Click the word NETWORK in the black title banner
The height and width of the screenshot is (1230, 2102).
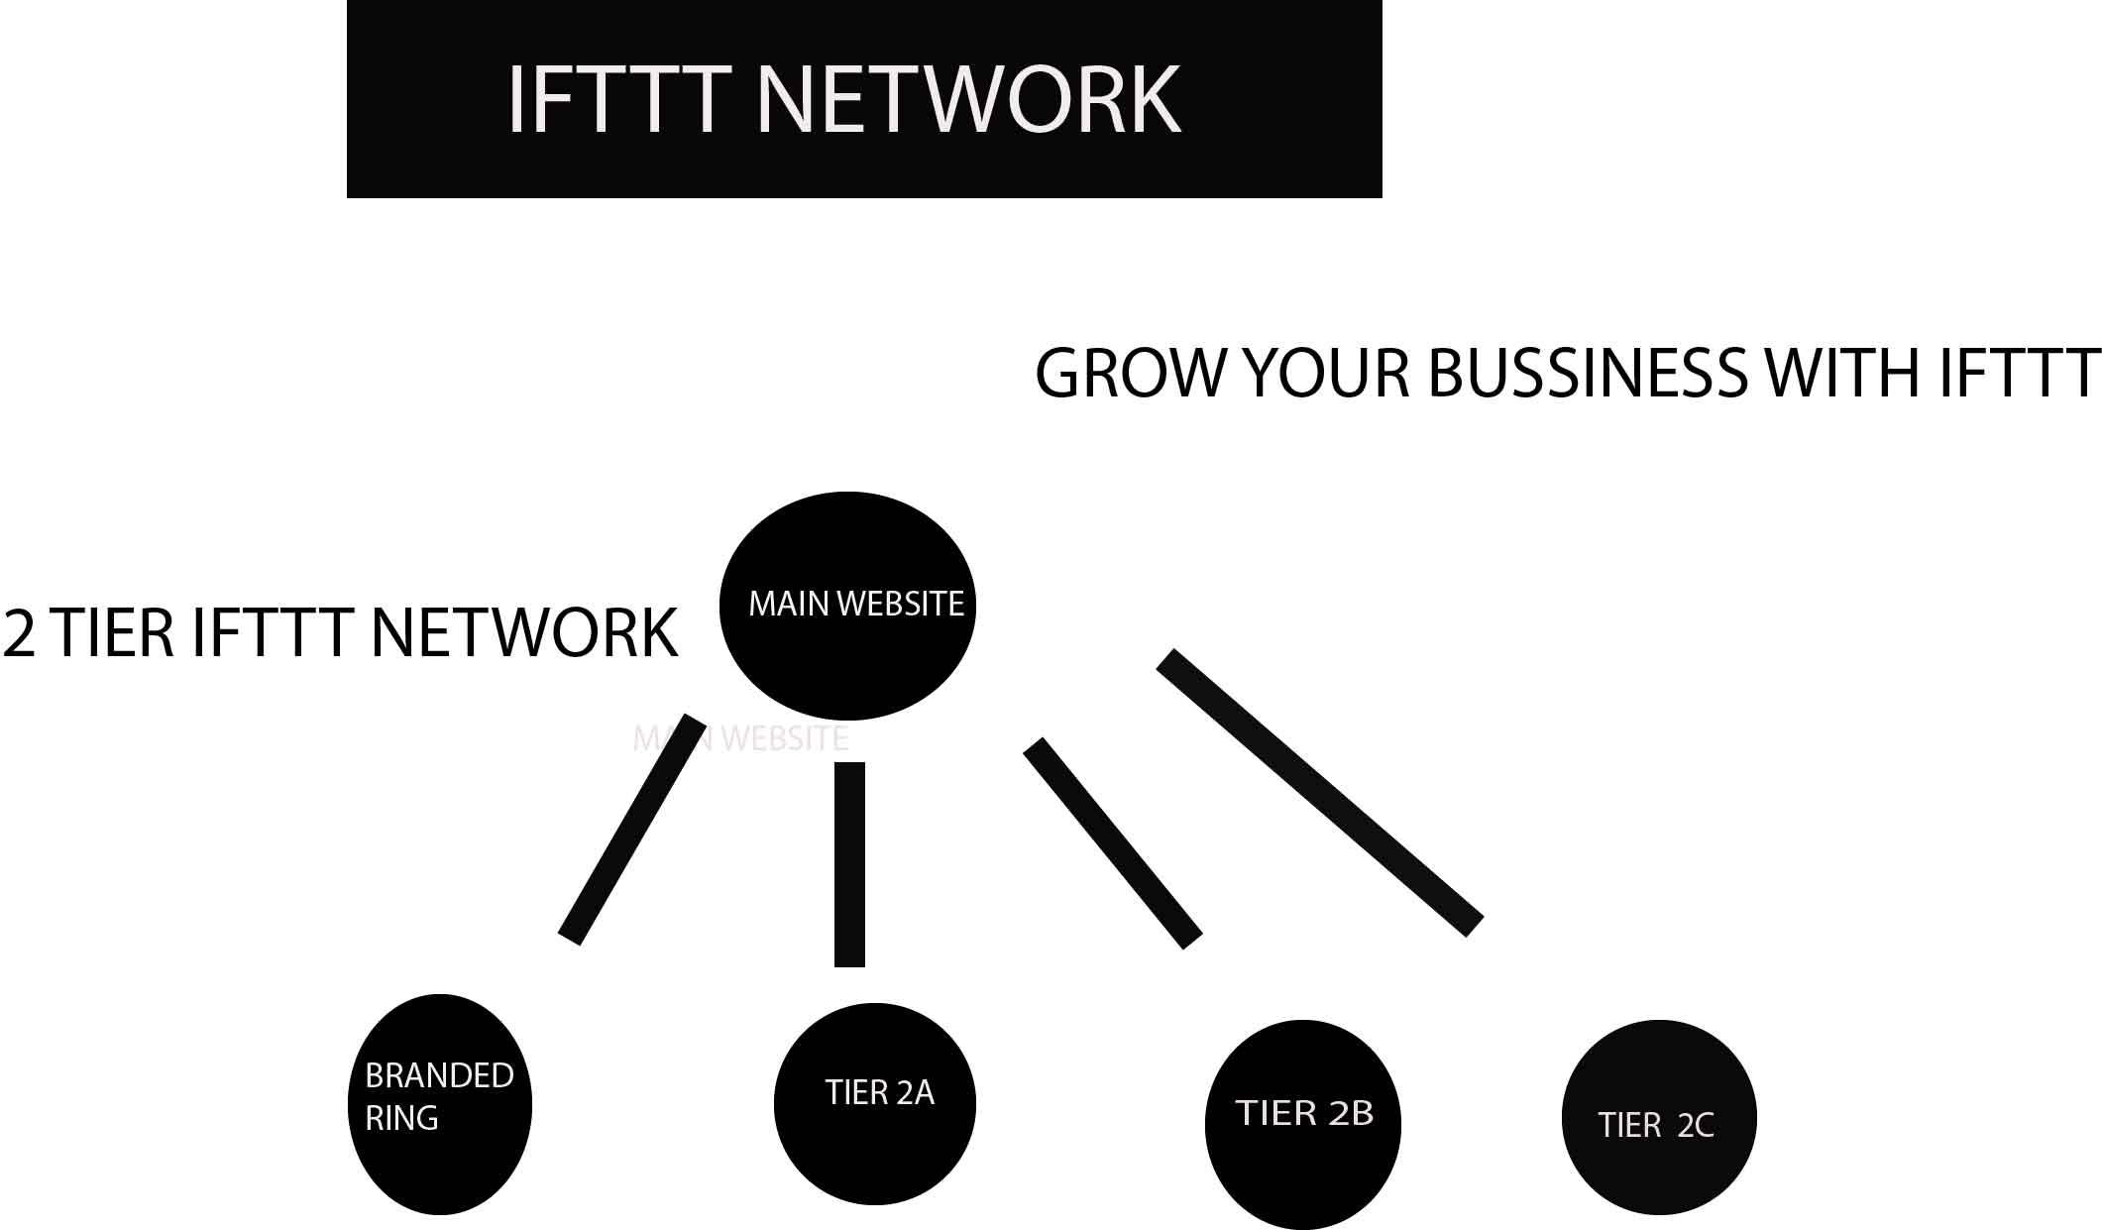[968, 99]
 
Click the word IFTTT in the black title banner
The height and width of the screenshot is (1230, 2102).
[613, 99]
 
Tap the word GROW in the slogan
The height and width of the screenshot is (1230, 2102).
[1129, 374]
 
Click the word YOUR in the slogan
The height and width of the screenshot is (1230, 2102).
[1326, 374]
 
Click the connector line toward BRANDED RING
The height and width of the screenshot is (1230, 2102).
[631, 829]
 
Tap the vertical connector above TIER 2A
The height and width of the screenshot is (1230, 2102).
[849, 863]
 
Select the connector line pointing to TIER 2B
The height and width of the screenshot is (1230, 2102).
[1112, 842]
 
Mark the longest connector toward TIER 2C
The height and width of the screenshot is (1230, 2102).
[1319, 791]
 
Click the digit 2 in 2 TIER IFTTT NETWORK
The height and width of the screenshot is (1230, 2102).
[19, 633]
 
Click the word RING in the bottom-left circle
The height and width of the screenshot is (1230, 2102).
[401, 1118]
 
